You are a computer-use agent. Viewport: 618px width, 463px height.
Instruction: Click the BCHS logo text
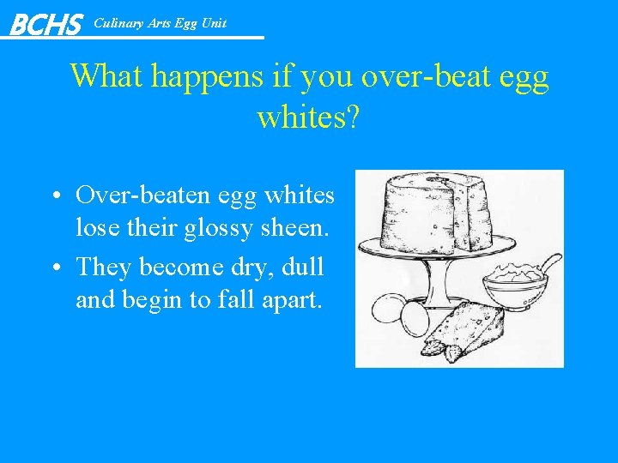pos(45,24)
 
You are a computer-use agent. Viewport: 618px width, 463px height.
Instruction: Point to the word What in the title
pos(106,76)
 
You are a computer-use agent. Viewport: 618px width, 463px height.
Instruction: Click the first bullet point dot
pos(54,196)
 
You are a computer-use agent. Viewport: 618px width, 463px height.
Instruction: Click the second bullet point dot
pos(54,268)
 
